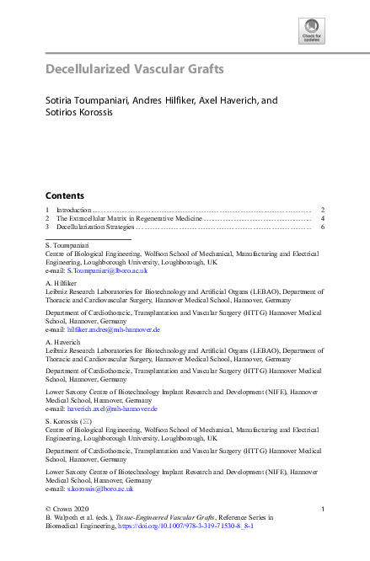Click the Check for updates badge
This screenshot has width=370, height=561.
[311, 31]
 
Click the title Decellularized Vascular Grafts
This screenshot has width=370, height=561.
[134, 68]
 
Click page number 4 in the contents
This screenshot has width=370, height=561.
[323, 218]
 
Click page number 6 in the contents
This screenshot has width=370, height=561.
[323, 227]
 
